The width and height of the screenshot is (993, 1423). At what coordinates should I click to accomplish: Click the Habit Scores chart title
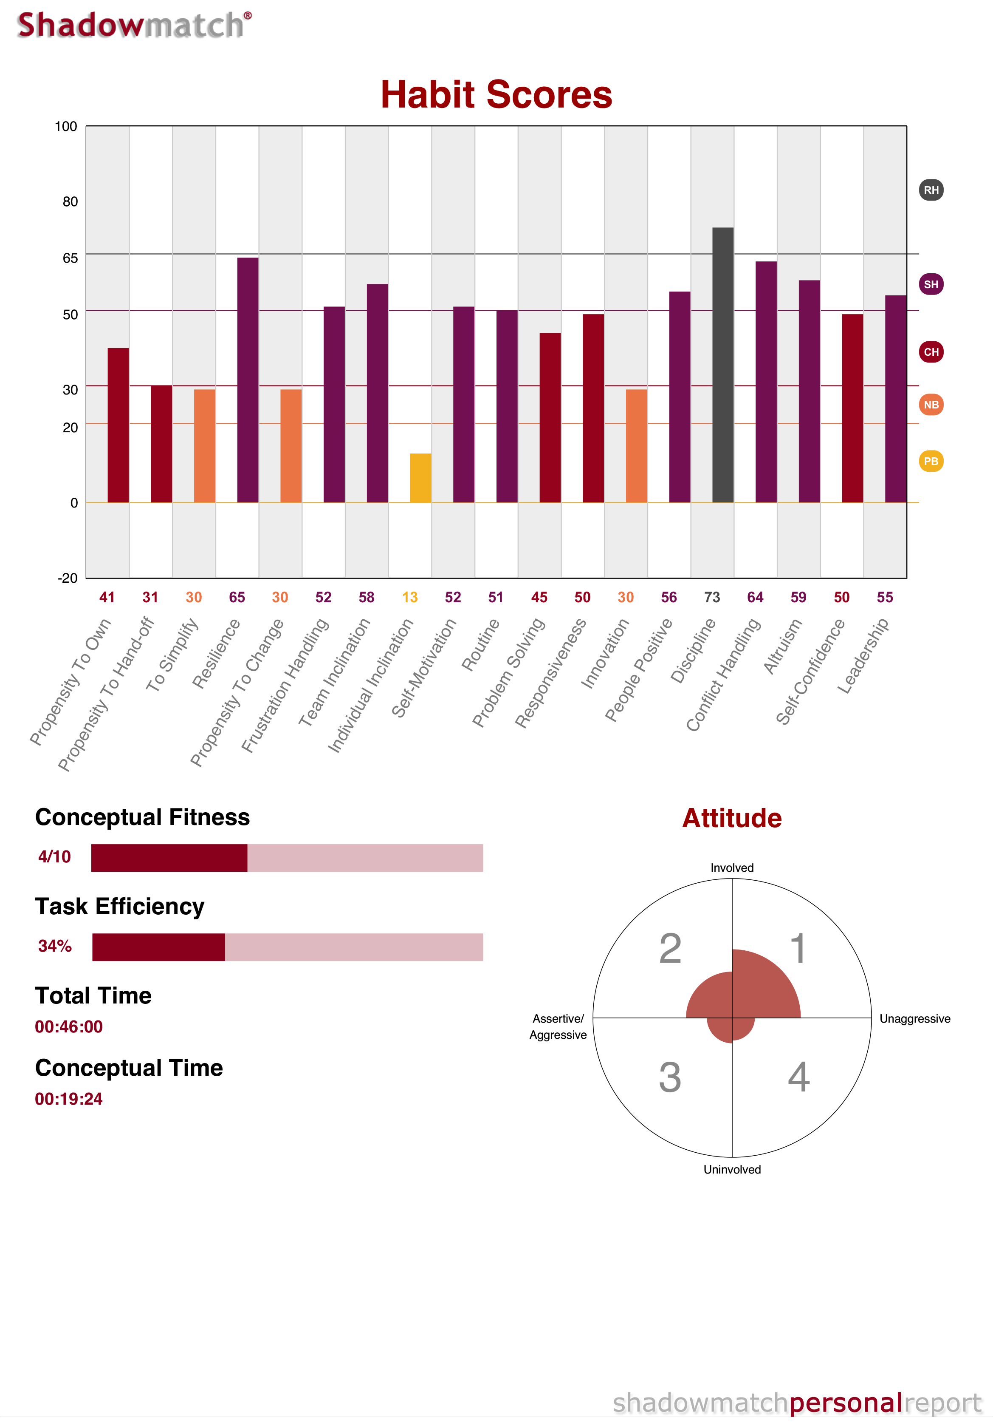tap(496, 95)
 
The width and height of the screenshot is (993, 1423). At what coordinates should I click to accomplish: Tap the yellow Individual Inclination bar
tap(420, 477)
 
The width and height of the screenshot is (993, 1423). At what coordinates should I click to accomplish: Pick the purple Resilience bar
tap(248, 379)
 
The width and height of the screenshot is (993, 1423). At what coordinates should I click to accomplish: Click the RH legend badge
tap(931, 190)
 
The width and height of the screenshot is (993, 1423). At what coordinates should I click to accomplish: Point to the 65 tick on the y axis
tap(70, 258)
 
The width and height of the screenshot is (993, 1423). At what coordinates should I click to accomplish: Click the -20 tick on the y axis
tap(68, 578)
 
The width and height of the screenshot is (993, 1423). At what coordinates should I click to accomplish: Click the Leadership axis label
tap(863, 656)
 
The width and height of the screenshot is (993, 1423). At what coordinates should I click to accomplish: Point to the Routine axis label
tap(481, 645)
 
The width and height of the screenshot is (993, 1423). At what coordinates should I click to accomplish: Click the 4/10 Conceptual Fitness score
tap(54, 856)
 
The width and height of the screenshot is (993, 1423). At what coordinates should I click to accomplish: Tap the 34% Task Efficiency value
tap(54, 946)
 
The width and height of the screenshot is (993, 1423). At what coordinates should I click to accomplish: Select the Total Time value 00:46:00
tap(69, 1026)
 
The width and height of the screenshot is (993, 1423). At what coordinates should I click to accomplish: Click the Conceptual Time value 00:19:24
tap(69, 1099)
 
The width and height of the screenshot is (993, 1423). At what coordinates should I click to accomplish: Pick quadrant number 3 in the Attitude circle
tap(670, 1077)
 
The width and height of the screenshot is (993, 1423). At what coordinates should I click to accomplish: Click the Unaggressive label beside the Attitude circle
tap(914, 1019)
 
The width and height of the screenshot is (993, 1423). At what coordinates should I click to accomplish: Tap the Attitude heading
tap(732, 818)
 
